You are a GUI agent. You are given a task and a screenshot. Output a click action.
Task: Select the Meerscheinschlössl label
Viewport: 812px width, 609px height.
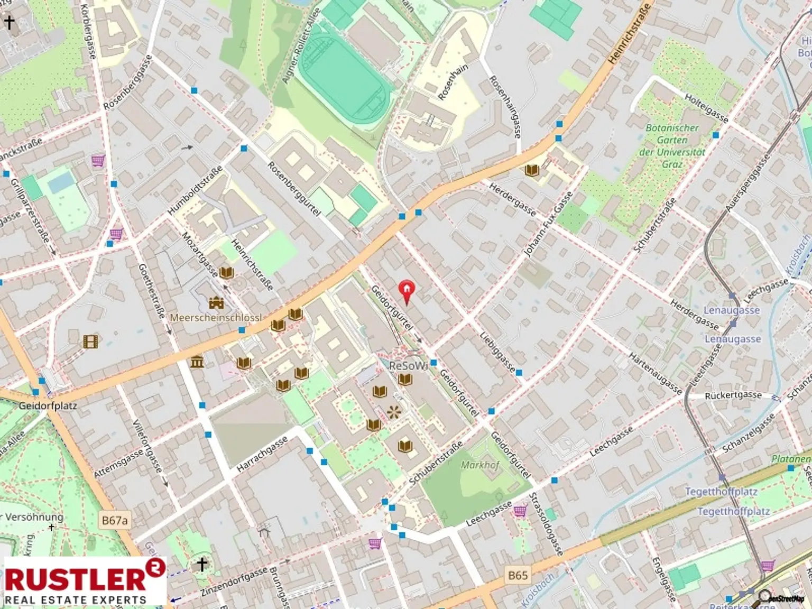click(x=216, y=318)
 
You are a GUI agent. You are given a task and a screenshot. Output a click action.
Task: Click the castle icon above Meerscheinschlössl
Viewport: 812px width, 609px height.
click(x=216, y=303)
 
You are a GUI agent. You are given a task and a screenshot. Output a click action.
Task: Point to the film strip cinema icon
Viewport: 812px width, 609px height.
click(x=90, y=342)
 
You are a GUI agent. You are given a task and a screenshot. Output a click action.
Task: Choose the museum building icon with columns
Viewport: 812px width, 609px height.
click(x=197, y=362)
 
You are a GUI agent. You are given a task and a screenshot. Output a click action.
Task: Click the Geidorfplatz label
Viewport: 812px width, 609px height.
click(x=48, y=406)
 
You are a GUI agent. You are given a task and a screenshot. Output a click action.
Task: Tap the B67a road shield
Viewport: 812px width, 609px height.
click(x=115, y=520)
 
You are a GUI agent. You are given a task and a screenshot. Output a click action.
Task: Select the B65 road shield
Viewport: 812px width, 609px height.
click(x=518, y=575)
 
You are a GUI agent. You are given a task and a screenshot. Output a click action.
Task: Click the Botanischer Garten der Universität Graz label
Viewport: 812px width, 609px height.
click(x=672, y=146)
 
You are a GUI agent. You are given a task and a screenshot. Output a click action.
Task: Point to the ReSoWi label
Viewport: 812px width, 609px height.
click(x=408, y=366)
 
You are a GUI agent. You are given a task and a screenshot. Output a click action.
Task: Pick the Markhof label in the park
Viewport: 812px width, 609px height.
click(x=480, y=465)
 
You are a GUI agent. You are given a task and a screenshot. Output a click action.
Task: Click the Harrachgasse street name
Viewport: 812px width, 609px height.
click(x=262, y=454)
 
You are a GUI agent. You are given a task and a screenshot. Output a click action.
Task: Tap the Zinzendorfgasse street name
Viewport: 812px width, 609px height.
click(x=234, y=582)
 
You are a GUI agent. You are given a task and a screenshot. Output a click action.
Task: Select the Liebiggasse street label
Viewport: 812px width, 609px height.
click(x=497, y=352)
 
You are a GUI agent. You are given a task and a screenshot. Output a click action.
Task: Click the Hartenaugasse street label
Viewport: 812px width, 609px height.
click(x=656, y=374)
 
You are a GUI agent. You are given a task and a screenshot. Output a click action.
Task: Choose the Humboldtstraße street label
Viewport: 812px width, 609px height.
click(x=195, y=190)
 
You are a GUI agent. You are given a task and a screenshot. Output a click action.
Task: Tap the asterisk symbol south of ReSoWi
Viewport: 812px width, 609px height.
click(x=393, y=412)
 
